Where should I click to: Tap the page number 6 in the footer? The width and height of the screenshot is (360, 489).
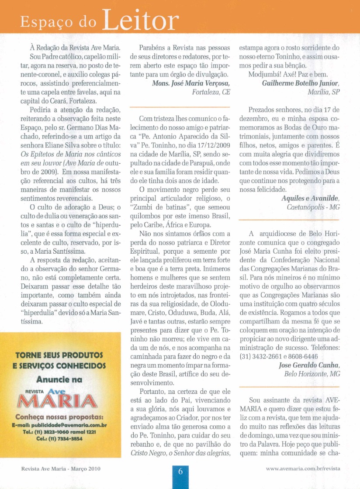click(x=180, y=472)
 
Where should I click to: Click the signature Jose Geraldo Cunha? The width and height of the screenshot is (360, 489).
click(x=309, y=365)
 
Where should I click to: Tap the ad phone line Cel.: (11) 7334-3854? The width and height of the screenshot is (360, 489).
click(x=61, y=438)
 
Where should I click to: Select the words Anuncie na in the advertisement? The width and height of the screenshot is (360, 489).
click(x=61, y=380)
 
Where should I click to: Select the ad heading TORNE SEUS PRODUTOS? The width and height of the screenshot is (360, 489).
click(x=61, y=354)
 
